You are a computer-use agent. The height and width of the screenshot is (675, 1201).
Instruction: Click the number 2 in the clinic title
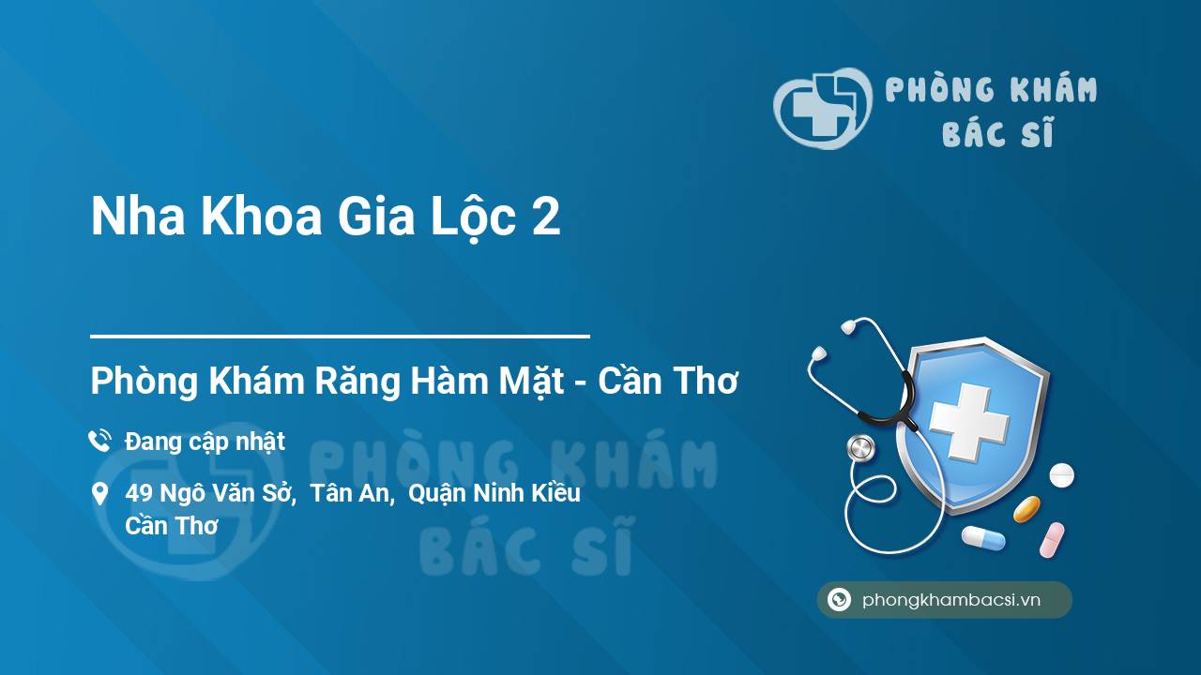(x=546, y=217)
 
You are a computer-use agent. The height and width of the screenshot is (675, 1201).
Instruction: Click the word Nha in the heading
(x=138, y=217)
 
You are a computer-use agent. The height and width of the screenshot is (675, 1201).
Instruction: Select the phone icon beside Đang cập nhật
(x=99, y=441)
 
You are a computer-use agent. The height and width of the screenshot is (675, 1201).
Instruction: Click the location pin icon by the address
(x=99, y=494)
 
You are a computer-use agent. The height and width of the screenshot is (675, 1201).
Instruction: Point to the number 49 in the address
(x=139, y=493)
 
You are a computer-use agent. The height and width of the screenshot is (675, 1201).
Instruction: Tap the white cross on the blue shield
(x=969, y=421)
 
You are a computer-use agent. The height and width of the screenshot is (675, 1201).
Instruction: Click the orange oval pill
(x=1026, y=509)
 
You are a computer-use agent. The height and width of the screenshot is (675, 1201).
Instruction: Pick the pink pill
(x=1052, y=540)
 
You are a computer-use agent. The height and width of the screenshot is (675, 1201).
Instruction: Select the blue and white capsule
(x=984, y=538)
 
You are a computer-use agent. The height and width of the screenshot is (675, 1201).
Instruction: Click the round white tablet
(x=1061, y=475)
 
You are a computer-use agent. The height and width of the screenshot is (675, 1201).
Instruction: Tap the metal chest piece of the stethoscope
(x=860, y=448)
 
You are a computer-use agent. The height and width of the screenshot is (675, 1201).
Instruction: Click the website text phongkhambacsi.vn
(x=951, y=600)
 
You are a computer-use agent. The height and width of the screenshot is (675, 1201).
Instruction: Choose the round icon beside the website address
(x=839, y=599)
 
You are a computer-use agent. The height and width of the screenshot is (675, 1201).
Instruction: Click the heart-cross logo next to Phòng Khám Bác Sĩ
(x=823, y=108)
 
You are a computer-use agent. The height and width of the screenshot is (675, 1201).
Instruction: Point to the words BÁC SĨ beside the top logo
(x=997, y=132)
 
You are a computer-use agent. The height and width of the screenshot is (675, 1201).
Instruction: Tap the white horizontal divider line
(x=340, y=337)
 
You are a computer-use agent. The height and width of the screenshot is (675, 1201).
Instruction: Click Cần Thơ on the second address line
(x=172, y=526)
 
